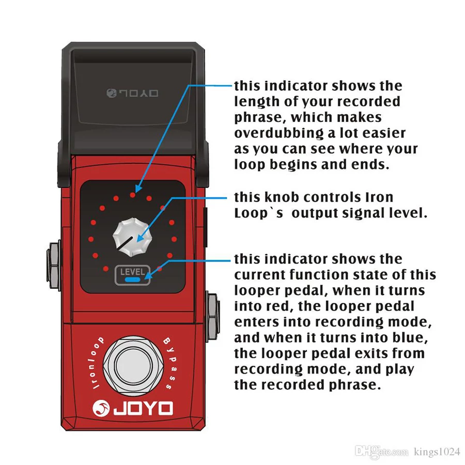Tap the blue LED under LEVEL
click(133, 280)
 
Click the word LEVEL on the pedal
click(132, 271)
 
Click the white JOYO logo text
click(143, 408)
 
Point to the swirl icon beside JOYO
click(101, 408)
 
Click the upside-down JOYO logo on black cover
click(132, 93)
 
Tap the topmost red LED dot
click(133, 195)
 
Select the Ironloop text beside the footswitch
click(97, 362)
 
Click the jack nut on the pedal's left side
click(53, 266)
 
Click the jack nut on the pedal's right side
click(213, 317)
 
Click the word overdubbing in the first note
click(279, 133)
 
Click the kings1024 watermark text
click(437, 452)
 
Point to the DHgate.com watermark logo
click(381, 451)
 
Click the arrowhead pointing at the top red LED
click(138, 188)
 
